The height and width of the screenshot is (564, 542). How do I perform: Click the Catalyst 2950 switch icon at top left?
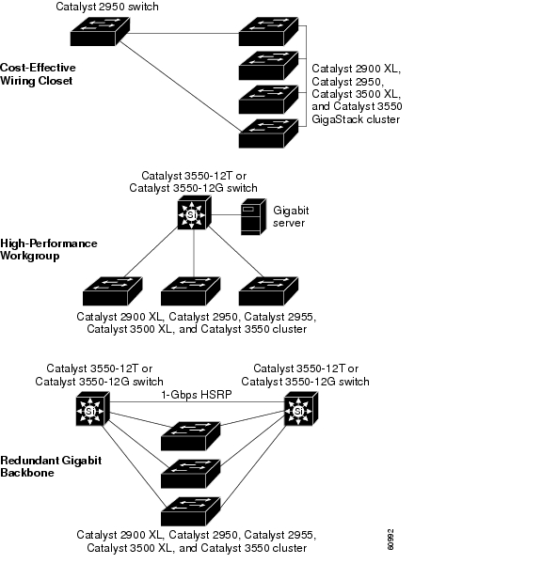[100, 31]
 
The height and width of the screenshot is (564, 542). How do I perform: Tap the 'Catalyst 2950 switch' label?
[107, 7]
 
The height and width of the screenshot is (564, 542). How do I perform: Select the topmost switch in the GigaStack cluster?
[268, 31]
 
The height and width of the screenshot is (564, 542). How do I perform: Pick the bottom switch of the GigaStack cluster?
[268, 133]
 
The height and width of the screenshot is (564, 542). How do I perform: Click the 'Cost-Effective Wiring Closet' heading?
[38, 73]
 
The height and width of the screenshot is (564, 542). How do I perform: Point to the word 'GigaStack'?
[337, 119]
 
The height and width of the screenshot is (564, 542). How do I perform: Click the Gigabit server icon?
[253, 216]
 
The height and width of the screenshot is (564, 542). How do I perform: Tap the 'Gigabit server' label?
[291, 216]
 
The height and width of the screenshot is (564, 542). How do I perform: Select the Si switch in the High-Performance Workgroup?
[194, 212]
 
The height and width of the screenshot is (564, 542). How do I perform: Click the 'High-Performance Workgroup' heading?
[49, 249]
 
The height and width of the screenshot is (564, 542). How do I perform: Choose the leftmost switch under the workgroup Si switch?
[112, 291]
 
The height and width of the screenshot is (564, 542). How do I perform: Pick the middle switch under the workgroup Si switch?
[190, 291]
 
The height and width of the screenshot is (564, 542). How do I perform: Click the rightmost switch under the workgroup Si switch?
[268, 291]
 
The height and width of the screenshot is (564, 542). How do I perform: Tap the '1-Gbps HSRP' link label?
[197, 395]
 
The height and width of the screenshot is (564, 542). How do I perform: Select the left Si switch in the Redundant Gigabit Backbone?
[92, 409]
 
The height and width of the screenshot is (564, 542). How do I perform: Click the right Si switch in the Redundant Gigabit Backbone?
[301, 409]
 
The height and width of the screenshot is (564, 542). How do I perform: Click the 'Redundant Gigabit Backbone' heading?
[51, 466]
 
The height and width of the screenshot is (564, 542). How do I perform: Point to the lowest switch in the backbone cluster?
[190, 511]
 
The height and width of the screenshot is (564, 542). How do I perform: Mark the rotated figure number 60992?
[391, 540]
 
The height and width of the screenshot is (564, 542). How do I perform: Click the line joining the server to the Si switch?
[226, 214]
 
